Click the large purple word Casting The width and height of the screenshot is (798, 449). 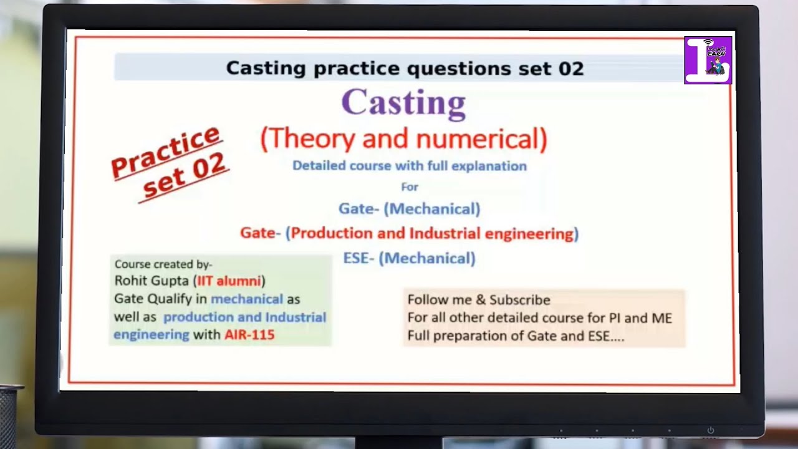coord(403,103)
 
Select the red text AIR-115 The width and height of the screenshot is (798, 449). coord(249,335)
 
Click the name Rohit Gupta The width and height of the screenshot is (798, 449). coord(151,281)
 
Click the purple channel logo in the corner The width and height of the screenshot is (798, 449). coord(708,60)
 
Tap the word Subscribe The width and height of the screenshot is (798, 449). coord(519,300)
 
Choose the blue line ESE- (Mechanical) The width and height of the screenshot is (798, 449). coord(409,258)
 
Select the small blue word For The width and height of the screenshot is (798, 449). coord(409,186)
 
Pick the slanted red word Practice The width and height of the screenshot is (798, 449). coord(166,152)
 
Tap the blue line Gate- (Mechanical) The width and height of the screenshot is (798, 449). coord(409,209)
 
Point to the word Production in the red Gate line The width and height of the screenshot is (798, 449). coord(332,234)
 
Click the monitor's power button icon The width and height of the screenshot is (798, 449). coord(710,430)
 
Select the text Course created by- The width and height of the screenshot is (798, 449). coord(163,264)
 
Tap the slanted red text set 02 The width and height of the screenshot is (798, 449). coord(184,176)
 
